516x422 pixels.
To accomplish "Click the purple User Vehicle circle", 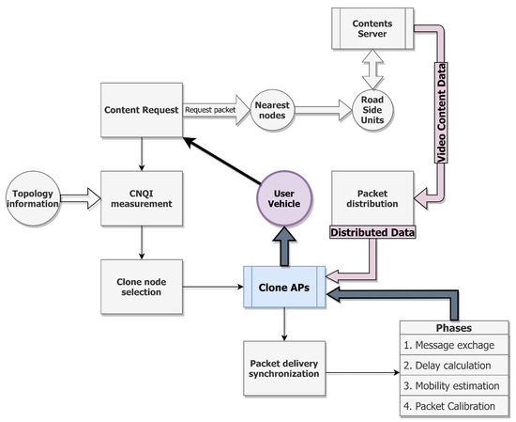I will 284,192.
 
